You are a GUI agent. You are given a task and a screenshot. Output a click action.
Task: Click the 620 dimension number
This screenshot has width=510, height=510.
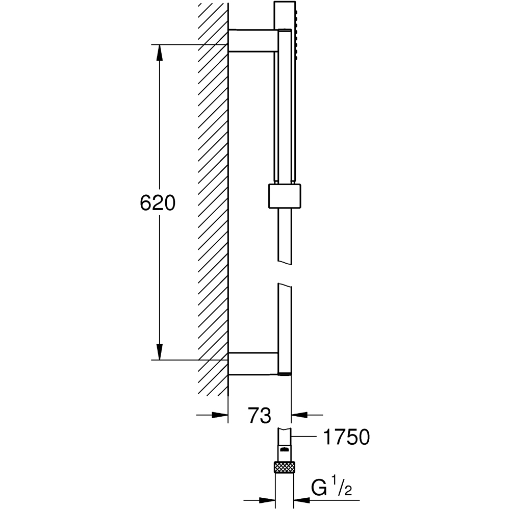coord(158,203)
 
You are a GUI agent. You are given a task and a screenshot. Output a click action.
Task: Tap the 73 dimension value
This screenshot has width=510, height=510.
coord(260,415)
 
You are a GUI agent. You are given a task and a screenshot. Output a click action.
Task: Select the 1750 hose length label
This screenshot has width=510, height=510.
coord(346,437)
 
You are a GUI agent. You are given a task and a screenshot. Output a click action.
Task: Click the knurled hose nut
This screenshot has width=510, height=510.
coord(285,467)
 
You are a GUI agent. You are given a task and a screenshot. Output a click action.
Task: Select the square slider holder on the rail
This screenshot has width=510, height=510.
coord(285,196)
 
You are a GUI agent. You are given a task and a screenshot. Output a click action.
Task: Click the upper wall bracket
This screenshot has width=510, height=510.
coord(253,41)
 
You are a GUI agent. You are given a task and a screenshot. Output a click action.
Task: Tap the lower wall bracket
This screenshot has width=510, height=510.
coord(253,363)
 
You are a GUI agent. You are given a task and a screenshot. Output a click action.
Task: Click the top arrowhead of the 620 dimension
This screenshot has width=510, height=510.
coord(159,52)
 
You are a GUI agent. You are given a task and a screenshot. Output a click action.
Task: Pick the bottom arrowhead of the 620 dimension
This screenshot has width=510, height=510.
coord(159,352)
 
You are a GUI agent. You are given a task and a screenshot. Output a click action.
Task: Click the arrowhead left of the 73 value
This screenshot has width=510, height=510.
coord(220,415)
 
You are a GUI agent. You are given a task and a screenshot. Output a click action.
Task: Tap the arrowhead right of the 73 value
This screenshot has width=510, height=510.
coord(299,415)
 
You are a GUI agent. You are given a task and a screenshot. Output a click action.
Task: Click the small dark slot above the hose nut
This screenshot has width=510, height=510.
coord(285,450)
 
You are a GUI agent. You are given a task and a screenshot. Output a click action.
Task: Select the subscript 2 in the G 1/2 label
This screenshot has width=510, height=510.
coord(348,491)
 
